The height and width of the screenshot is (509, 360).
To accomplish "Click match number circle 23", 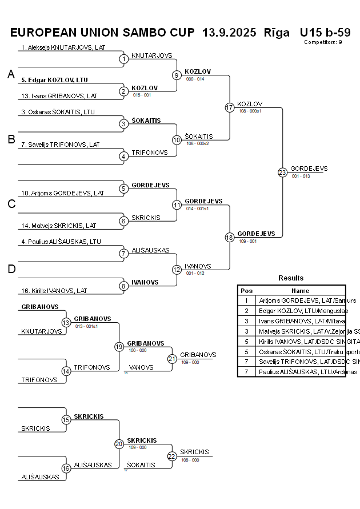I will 282,173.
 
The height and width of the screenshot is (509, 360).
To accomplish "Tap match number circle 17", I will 230,107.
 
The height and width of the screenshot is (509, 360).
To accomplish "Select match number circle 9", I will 177,75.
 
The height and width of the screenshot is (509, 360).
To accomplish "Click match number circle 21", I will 172,359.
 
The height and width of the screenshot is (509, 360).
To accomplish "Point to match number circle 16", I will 66,468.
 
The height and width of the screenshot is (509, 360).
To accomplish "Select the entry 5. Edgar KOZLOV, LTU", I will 55,80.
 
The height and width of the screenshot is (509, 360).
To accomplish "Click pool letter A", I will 11,75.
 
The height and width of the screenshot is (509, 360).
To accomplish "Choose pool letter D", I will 11,269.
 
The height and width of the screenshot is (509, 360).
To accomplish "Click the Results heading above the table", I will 291,278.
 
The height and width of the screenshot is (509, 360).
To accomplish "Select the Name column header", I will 301,291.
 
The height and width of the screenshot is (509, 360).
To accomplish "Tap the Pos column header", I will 247,291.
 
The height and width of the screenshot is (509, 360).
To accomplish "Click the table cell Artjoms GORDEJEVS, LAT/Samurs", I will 307,300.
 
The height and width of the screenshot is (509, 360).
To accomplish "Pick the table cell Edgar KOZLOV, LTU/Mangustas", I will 303,310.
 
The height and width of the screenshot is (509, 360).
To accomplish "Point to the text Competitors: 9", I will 323,42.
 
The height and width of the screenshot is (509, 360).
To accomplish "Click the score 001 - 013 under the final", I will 301,176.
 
